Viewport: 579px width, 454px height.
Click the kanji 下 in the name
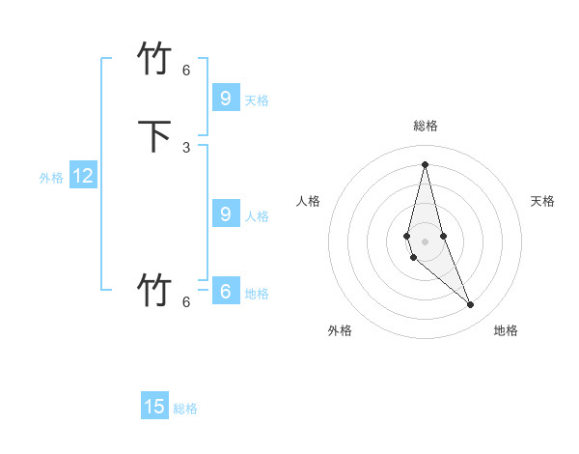click(155, 136)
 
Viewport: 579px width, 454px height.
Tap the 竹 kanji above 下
click(155, 59)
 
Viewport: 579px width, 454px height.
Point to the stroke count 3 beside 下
click(186, 147)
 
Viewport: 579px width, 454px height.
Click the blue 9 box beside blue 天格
click(225, 98)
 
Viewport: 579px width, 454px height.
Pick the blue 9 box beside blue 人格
click(225, 214)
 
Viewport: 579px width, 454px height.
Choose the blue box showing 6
click(225, 291)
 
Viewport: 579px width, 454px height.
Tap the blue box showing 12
click(83, 176)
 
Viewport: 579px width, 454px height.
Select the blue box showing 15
click(154, 407)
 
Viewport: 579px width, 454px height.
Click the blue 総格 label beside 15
click(185, 409)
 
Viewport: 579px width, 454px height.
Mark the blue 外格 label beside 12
click(51, 178)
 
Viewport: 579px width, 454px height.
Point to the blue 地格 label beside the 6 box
click(257, 294)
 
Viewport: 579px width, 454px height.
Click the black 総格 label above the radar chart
click(426, 126)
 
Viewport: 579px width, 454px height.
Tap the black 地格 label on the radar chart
click(506, 330)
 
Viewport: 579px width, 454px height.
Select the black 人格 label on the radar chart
click(308, 201)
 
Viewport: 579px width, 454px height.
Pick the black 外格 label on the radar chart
click(340, 330)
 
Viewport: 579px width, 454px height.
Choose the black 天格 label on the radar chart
click(542, 201)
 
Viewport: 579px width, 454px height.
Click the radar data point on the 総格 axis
click(426, 163)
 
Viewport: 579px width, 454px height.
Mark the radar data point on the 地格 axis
click(470, 304)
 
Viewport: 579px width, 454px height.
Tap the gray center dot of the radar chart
click(426, 241)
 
